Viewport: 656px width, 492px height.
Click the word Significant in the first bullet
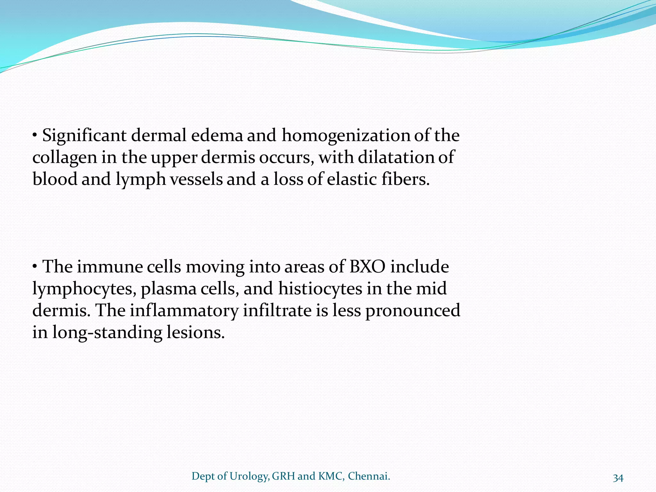point(84,136)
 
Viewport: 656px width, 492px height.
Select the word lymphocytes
point(84,289)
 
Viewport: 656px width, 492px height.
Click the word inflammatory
point(184,311)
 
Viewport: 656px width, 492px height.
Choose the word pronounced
point(413,311)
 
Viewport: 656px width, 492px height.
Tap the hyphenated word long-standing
point(107,333)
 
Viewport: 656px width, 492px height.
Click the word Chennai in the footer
point(369,476)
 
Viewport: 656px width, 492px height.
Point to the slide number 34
point(618,478)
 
